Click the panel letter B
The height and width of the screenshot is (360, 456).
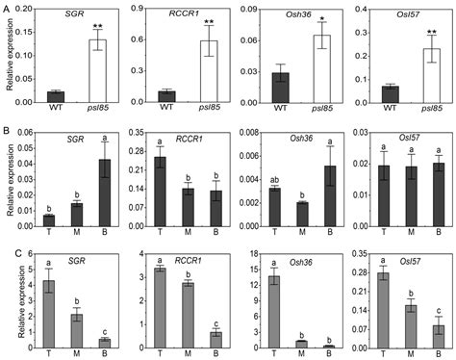point(7,123)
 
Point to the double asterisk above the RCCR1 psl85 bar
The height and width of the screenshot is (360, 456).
point(209,21)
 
